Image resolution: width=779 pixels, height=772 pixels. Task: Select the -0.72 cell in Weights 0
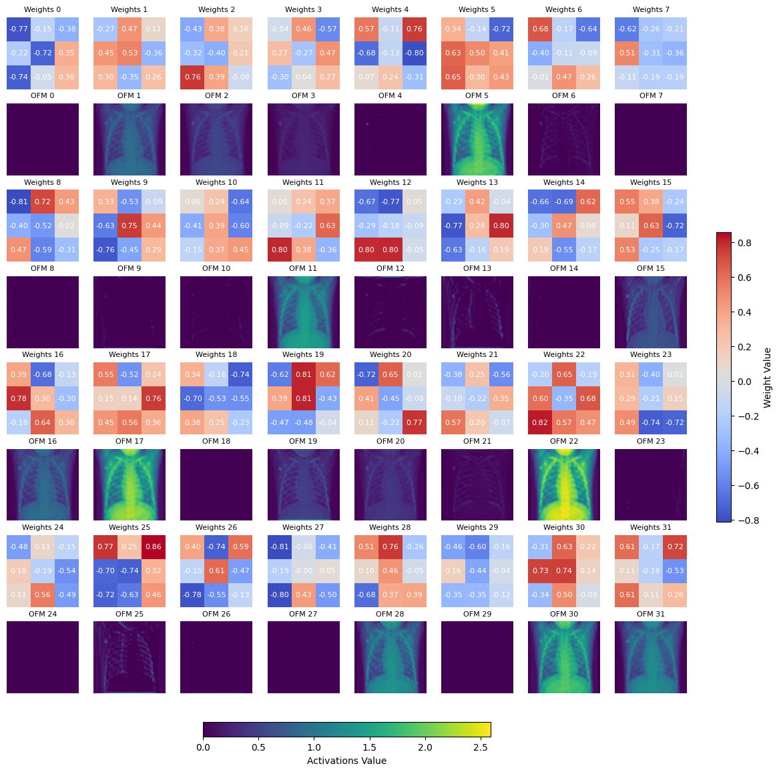tap(43, 53)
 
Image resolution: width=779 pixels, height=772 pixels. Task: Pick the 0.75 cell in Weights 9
tap(129, 226)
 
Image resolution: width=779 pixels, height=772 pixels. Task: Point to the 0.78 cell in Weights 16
tap(19, 398)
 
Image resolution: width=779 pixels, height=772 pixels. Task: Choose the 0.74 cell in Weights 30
tap(564, 571)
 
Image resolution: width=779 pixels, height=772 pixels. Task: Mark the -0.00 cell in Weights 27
tap(303, 571)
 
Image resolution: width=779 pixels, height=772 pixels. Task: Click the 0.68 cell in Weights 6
tap(540, 29)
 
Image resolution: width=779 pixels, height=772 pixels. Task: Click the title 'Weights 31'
tap(651, 527)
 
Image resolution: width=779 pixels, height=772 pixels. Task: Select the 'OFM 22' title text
tap(564, 441)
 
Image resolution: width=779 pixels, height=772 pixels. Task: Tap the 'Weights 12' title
tap(391, 182)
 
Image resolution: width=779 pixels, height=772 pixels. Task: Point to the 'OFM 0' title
tap(43, 95)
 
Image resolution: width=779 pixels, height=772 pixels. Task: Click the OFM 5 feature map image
tap(477, 139)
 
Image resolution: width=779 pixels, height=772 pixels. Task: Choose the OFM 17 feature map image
tap(129, 484)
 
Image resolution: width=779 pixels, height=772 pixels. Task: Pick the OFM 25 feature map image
tap(129, 657)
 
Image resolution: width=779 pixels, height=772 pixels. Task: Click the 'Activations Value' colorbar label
tap(346, 761)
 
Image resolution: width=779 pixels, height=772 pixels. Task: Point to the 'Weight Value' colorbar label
tap(767, 378)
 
